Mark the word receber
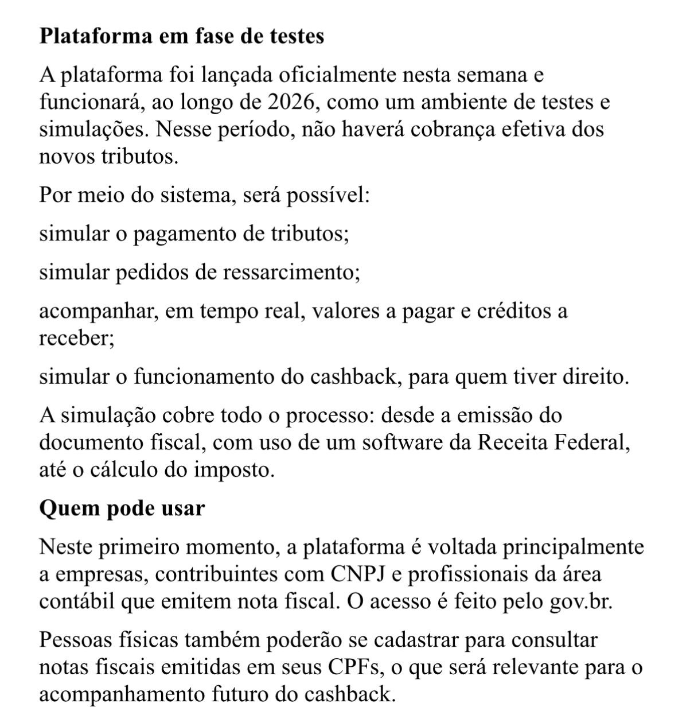[76, 338]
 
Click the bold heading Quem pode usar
[122, 509]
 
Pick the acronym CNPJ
[358, 574]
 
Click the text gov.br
[580, 602]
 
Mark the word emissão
[520, 415]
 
